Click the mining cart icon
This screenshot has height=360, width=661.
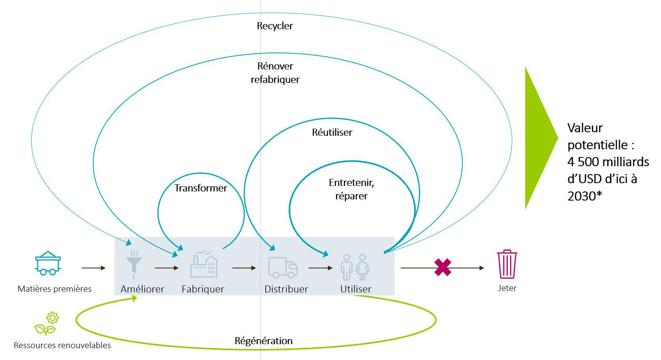pos(48,263)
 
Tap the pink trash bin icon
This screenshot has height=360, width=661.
pos(507,264)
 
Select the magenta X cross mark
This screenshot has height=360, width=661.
pos(443,267)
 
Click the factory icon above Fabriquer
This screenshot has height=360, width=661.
pos(204,264)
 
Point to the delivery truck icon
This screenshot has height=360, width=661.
pos(283,267)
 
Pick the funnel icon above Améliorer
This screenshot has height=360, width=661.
pos(134,262)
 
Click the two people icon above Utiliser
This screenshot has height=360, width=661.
pos(355,266)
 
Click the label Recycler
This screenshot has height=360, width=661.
pos(275,26)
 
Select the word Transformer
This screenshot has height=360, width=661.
pos(201,188)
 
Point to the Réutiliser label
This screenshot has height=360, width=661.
pos(332,132)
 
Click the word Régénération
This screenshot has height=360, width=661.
pos(263,341)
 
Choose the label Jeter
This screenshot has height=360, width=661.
pos(507,288)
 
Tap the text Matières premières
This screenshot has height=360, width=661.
pos(54,289)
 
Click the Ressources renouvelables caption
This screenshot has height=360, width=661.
pos(62,345)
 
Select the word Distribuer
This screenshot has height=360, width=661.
pos(286,289)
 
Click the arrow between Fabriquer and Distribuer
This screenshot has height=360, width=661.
pos(244,268)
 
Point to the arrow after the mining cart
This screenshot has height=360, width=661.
pos(94,268)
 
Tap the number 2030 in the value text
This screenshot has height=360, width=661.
pos(581,196)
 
